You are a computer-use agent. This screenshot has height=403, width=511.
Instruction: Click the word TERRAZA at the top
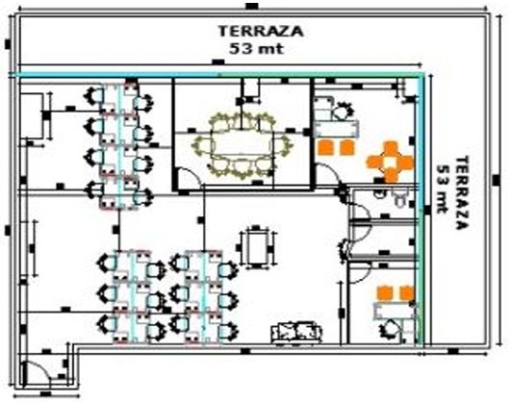(261, 32)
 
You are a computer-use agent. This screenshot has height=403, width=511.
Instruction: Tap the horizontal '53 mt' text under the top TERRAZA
(257, 49)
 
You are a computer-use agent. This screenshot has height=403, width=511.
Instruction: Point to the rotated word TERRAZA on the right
(462, 192)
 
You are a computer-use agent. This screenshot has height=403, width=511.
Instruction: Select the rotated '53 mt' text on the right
(444, 189)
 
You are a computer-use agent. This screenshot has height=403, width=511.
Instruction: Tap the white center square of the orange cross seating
(391, 162)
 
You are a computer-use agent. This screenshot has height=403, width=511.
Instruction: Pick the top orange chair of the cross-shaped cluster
(391, 148)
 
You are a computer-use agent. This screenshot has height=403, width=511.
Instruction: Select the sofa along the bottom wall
(296, 332)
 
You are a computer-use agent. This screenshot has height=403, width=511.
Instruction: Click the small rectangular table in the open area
(257, 247)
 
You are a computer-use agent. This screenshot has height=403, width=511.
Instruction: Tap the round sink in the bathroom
(378, 194)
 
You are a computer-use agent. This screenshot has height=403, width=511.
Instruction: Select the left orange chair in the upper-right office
(326, 147)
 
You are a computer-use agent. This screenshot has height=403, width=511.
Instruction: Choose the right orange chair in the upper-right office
(346, 147)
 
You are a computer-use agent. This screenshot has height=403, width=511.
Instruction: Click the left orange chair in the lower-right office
(385, 293)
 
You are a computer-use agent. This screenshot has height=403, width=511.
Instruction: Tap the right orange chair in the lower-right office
(407, 293)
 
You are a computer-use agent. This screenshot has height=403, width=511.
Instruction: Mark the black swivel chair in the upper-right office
(342, 110)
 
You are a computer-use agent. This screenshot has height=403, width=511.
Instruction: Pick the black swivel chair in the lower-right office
(390, 329)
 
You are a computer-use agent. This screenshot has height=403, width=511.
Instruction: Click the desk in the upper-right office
(336, 128)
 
